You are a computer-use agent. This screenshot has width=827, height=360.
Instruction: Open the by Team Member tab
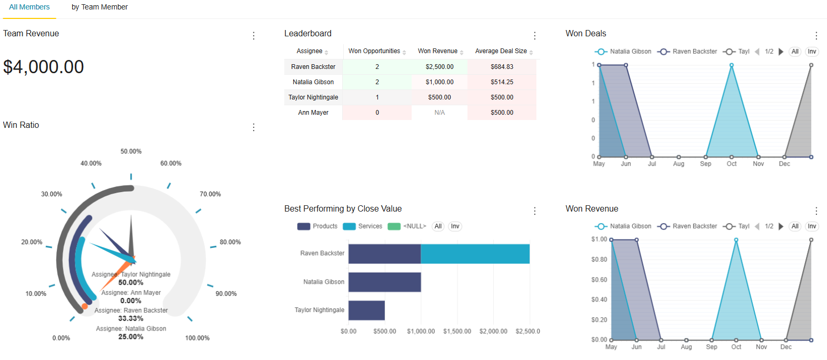tap(99, 7)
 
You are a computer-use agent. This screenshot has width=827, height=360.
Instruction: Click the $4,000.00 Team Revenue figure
tap(44, 67)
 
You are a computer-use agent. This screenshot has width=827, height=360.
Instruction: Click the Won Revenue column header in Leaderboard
tap(437, 51)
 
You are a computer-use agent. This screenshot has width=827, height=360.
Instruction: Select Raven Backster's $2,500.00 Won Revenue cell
tap(440, 67)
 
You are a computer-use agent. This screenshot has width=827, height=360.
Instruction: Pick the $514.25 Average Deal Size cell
tap(502, 82)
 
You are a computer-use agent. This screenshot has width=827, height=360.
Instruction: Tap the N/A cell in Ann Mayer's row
tap(440, 113)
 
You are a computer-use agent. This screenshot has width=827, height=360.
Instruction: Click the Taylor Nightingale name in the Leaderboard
tap(313, 97)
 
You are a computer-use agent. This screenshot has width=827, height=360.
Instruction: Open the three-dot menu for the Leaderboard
tap(535, 36)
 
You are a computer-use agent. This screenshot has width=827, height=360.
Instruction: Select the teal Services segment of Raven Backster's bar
tap(475, 254)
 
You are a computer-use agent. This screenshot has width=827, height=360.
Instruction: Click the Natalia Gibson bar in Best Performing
tap(384, 282)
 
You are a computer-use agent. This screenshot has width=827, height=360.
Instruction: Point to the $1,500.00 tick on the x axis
tap(457, 332)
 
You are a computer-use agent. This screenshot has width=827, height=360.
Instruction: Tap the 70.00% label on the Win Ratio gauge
tap(210, 194)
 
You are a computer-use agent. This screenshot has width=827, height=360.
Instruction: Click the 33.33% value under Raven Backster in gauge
tap(131, 318)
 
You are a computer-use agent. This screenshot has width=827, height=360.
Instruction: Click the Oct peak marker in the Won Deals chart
tap(731, 65)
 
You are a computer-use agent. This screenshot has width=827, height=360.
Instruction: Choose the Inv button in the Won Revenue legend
tap(812, 226)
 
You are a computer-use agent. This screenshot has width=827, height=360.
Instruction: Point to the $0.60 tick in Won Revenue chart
tap(599, 279)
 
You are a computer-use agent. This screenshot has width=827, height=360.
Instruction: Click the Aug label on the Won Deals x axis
tap(679, 164)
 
